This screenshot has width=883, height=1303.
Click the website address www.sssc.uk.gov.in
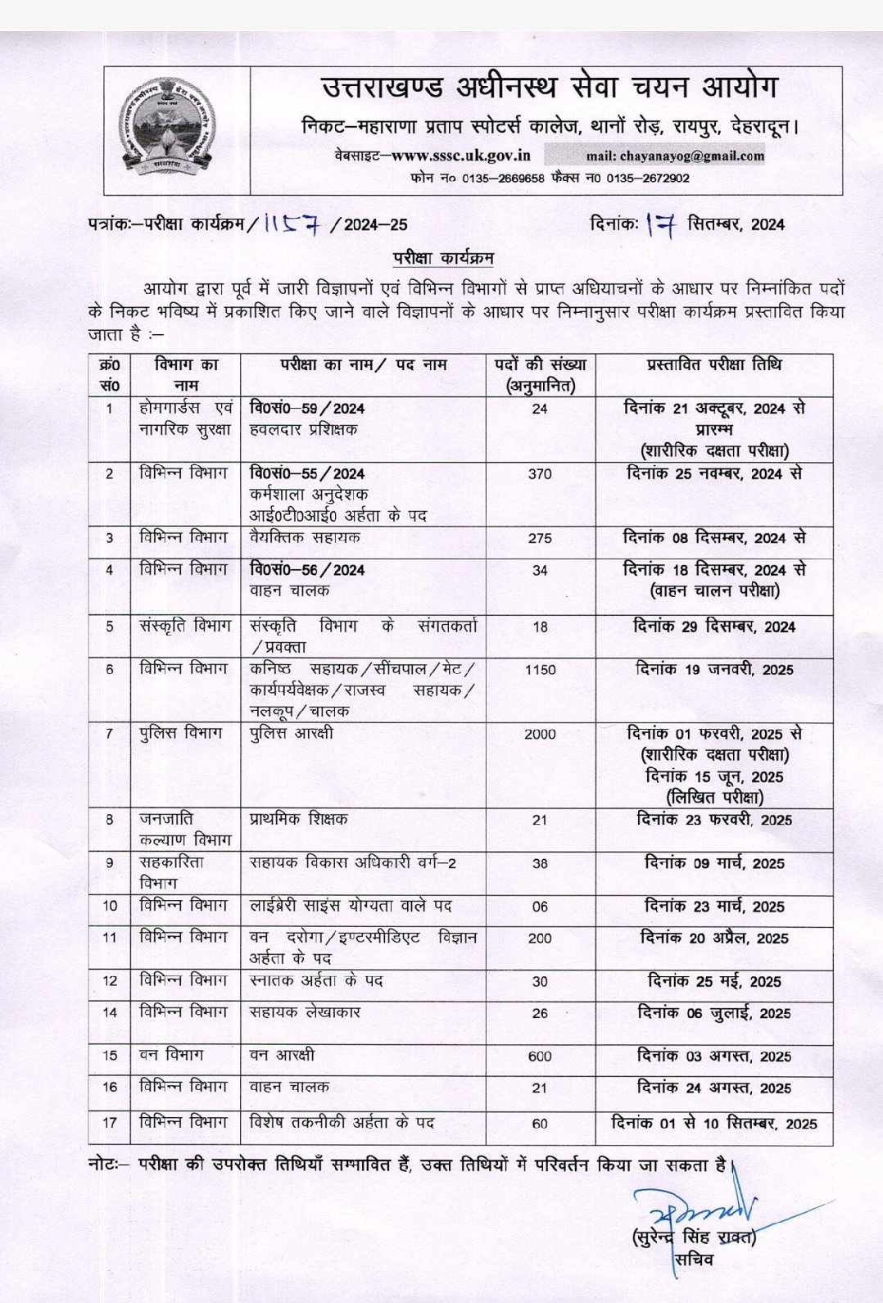tap(460, 155)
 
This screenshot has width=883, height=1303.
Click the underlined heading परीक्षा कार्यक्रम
tap(442, 258)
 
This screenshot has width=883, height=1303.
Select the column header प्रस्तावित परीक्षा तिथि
tap(713, 365)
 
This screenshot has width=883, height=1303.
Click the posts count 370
tap(540, 474)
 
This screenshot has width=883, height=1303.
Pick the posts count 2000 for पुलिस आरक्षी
tap(540, 735)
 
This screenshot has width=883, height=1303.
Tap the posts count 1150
tap(540, 670)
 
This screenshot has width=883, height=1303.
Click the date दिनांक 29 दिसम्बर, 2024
tap(713, 627)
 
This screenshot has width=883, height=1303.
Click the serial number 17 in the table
tap(110, 1123)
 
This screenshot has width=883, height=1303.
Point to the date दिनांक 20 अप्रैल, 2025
tap(713, 939)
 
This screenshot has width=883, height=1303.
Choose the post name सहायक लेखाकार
tap(305, 1013)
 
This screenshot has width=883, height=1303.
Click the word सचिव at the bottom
tap(694, 1260)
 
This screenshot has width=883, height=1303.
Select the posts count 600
tap(540, 1056)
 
